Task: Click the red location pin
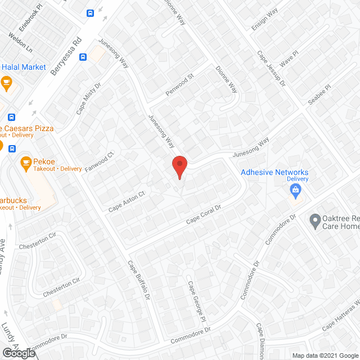click(179, 167)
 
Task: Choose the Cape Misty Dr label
click(88, 99)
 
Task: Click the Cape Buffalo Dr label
click(139, 280)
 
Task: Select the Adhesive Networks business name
click(274, 172)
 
